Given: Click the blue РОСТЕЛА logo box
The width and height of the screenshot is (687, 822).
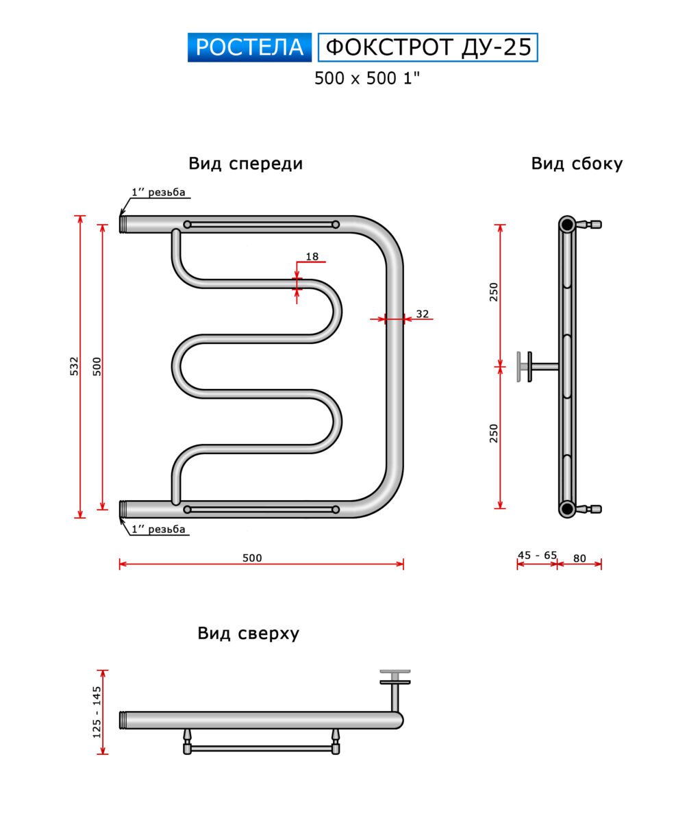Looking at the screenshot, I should (x=249, y=47).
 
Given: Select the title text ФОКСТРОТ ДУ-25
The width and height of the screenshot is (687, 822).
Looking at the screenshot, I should (x=428, y=47).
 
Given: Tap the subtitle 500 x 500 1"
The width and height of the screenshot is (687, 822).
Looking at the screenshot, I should (x=366, y=78).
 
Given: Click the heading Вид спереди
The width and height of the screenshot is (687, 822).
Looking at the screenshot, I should (x=245, y=164).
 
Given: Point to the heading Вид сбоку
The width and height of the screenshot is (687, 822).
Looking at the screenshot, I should (x=577, y=164).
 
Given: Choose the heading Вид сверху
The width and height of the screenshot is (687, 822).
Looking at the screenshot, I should (x=248, y=633).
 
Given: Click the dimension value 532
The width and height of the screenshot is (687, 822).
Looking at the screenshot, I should (x=74, y=366).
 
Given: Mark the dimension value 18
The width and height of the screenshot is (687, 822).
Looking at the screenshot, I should (x=312, y=257).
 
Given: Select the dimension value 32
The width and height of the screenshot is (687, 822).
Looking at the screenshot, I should (x=423, y=314).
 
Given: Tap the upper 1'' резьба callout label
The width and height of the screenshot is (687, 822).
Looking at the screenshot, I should (x=158, y=192).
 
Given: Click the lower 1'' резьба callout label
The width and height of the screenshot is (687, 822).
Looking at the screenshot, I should (x=158, y=529).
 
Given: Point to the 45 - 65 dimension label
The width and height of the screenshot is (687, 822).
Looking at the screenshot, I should (x=537, y=555).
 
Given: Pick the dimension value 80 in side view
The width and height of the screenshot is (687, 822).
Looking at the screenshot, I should (x=579, y=558).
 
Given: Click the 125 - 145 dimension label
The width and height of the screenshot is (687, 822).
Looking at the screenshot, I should (x=97, y=712).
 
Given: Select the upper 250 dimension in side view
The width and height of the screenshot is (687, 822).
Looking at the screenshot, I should (x=494, y=292).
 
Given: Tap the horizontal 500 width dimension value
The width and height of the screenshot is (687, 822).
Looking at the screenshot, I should (x=252, y=558).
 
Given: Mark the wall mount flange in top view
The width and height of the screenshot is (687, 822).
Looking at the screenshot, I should (x=395, y=677).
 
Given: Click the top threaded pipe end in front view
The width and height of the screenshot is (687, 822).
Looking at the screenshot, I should (x=123, y=224).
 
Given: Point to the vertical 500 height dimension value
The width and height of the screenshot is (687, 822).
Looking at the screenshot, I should (x=97, y=366).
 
